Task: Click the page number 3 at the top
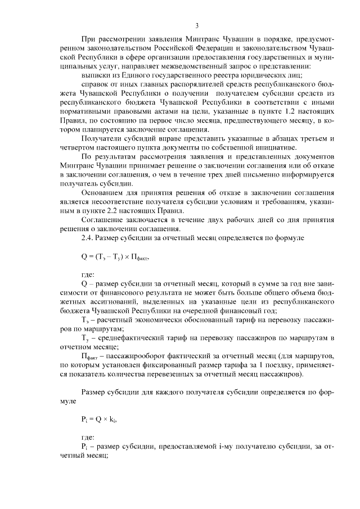click(197, 25)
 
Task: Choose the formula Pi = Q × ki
click(98, 419)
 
